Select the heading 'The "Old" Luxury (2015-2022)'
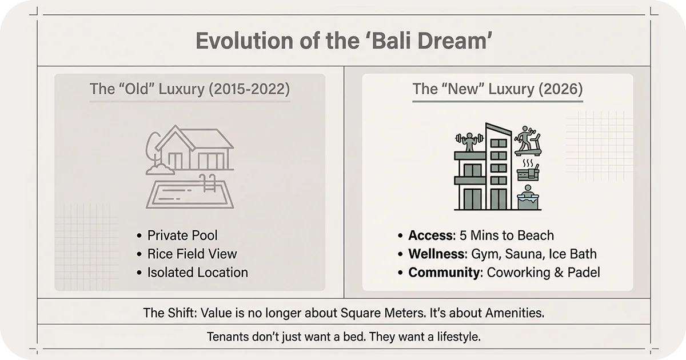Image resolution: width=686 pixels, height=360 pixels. coord(189,89)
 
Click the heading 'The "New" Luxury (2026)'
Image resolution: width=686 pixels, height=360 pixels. coord(497,89)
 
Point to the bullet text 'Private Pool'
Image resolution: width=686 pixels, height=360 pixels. coord(182,235)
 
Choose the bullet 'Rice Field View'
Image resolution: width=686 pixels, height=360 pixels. coord(192,254)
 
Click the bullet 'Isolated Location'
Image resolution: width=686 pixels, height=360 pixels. coord(197,272)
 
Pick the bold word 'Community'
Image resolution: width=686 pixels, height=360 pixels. coord(444,272)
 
